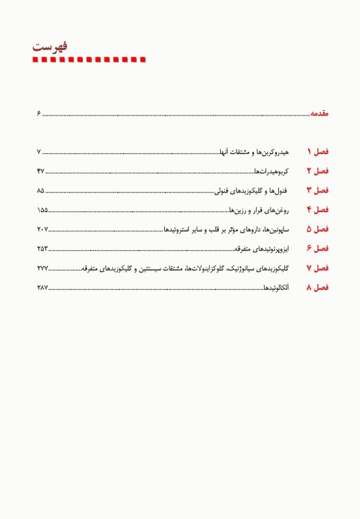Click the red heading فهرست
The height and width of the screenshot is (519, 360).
click(x=53, y=47)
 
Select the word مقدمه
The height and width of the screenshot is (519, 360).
click(x=319, y=115)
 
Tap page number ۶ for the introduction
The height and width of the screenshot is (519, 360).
click(x=39, y=115)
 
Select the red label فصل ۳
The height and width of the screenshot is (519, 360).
click(x=317, y=190)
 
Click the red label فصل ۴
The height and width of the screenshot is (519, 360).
click(x=317, y=209)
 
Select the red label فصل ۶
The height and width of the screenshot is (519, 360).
click(x=317, y=249)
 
